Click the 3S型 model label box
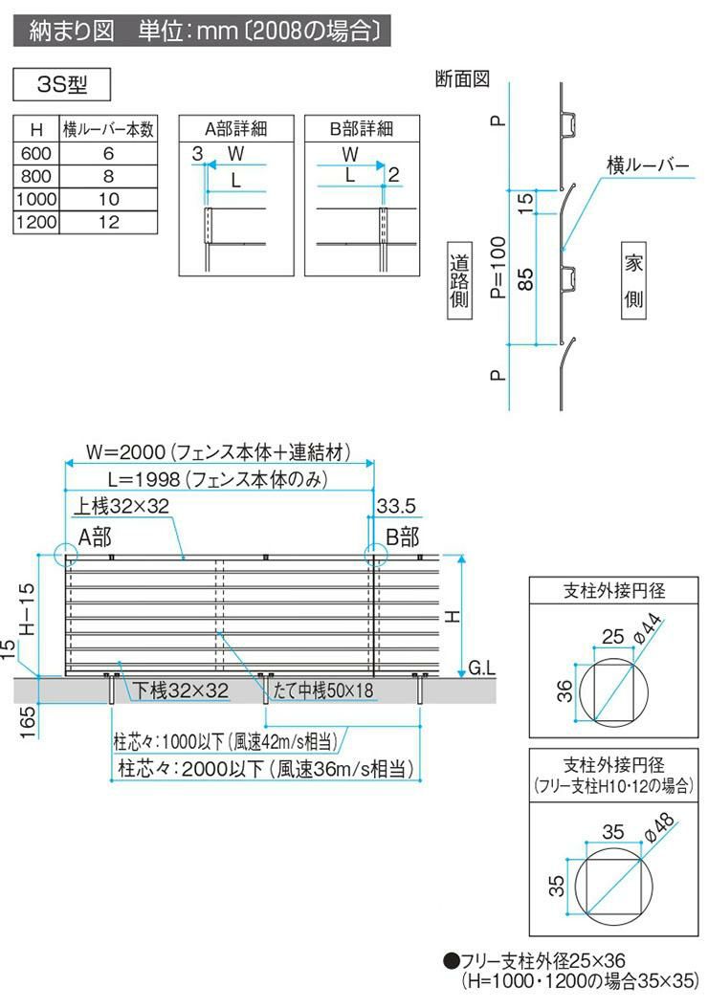point(61,84)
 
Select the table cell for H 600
point(36,153)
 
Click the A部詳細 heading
point(234,129)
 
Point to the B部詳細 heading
point(361,129)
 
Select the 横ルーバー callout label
point(648,165)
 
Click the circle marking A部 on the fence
point(66,556)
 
